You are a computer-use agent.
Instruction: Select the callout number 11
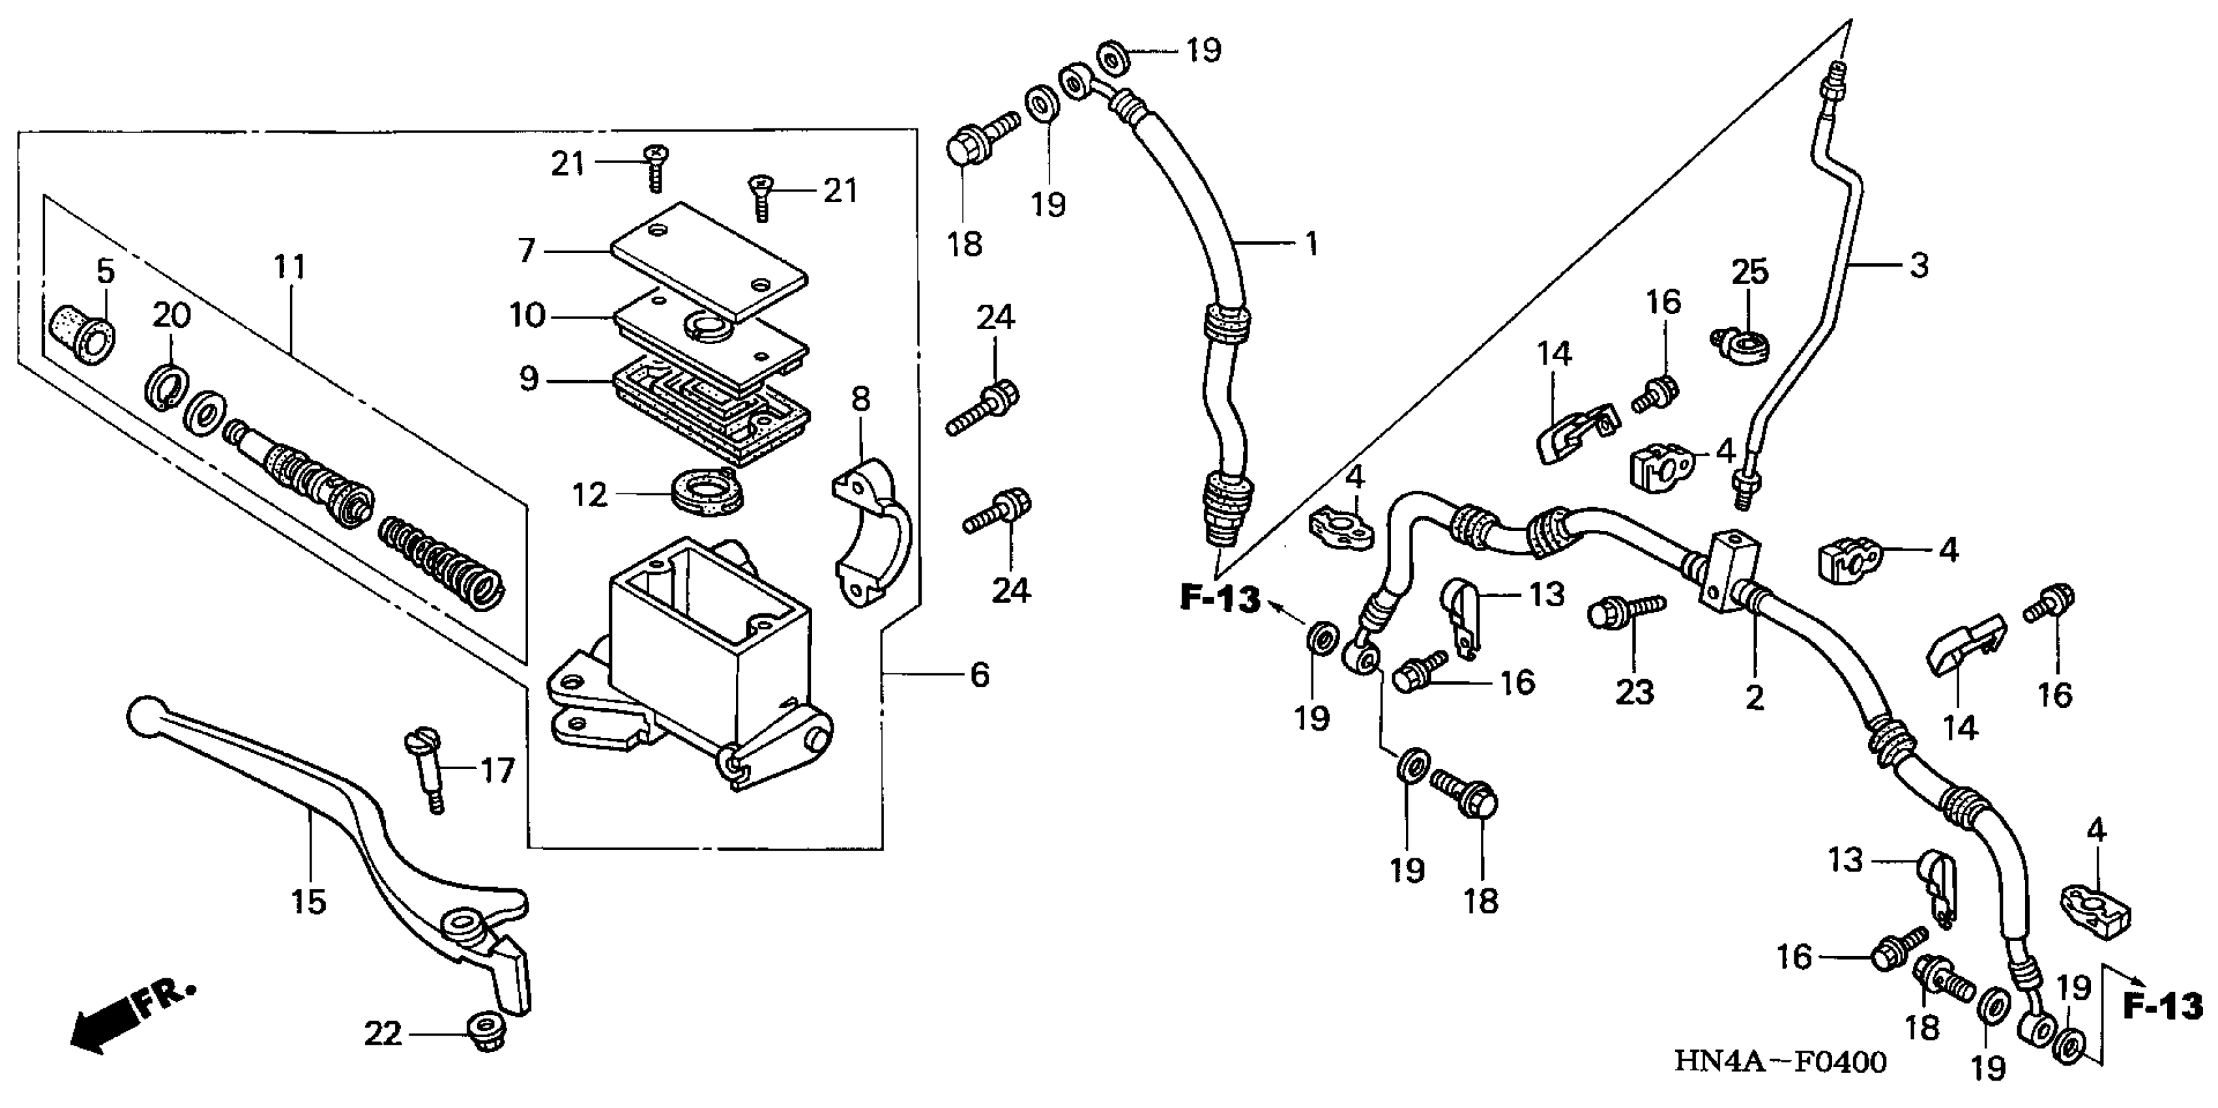point(290,268)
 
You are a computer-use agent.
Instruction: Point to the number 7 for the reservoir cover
point(527,250)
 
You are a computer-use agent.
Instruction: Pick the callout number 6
point(979,675)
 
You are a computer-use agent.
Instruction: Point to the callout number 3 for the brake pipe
point(1919,266)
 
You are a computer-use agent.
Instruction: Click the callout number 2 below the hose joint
point(1754,697)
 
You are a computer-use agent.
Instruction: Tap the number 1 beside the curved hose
point(1311,244)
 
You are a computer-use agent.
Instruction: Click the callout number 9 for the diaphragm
point(529,379)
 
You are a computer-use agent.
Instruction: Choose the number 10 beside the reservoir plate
point(527,316)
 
